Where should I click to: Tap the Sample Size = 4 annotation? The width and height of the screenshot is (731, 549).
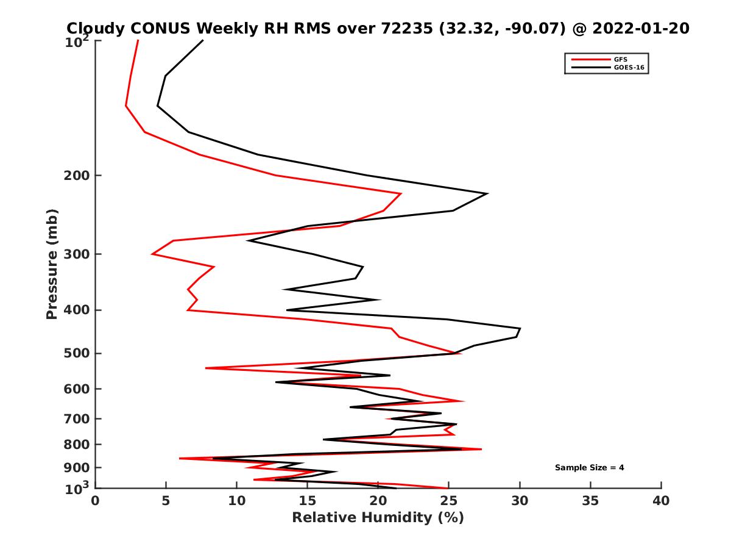point(589,468)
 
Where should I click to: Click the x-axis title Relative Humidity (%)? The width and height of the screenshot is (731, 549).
point(378,518)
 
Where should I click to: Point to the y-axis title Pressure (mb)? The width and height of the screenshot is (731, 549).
point(52,264)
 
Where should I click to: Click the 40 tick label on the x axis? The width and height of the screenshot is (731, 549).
point(661,501)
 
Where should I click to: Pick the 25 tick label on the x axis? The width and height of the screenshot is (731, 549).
point(449,501)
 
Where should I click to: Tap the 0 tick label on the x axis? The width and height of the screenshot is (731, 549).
point(96,501)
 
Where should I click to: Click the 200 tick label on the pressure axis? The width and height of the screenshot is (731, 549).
point(75,176)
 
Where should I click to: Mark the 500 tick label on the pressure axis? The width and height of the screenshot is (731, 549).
point(75,353)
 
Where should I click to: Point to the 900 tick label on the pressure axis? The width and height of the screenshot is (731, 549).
point(75,468)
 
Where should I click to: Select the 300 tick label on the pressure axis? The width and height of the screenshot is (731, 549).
point(75,254)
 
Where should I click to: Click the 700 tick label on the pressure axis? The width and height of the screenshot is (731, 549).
point(75,418)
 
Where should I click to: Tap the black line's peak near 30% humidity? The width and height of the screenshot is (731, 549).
point(520,329)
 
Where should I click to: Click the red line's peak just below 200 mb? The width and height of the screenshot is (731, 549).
point(401,194)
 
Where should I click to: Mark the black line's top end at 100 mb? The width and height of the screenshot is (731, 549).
point(203,40)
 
